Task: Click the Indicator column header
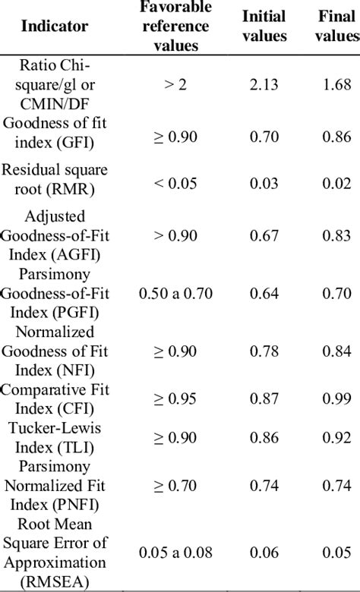click(54, 27)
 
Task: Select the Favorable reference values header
click(175, 27)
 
